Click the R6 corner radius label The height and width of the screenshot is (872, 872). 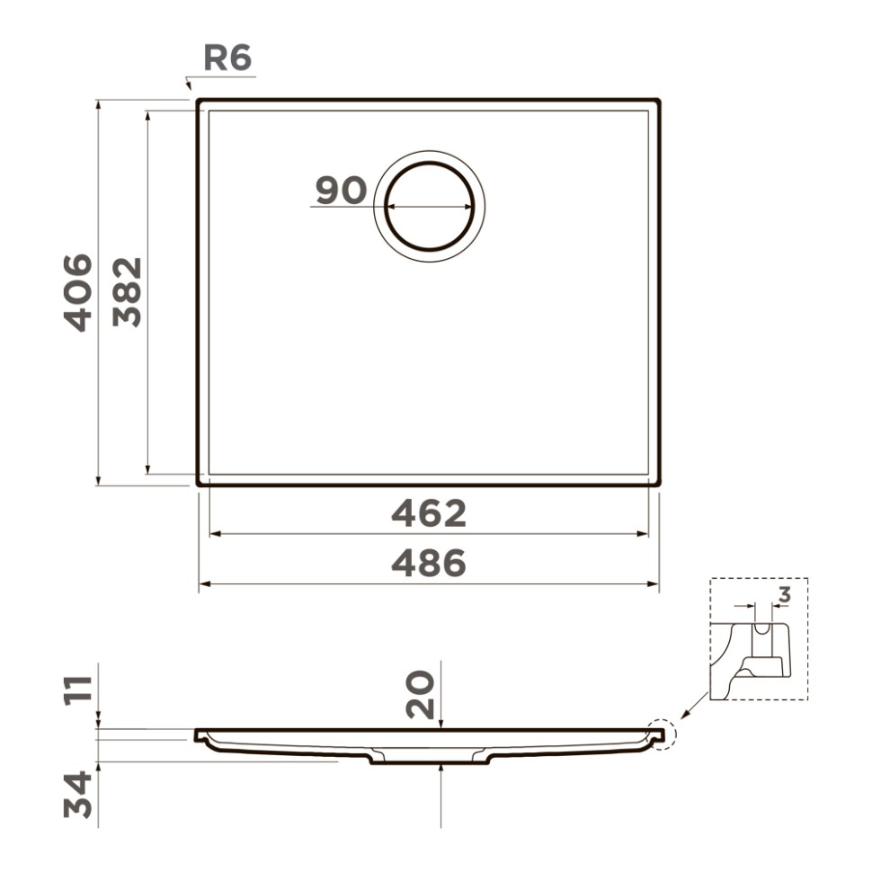pos(227,58)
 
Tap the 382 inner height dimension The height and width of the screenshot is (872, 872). pos(129,292)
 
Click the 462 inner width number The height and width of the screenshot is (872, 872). pos(429,514)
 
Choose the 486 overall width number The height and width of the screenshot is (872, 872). pos(429,564)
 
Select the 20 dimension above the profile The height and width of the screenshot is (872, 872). pos(421,694)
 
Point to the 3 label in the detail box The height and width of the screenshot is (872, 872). pos(784,594)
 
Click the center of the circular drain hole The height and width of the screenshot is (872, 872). pos(430,206)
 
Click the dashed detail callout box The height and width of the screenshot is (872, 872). pos(758,638)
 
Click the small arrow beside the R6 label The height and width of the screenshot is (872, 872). pos(188,83)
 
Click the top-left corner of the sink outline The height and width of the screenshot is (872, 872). pos(200,102)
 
